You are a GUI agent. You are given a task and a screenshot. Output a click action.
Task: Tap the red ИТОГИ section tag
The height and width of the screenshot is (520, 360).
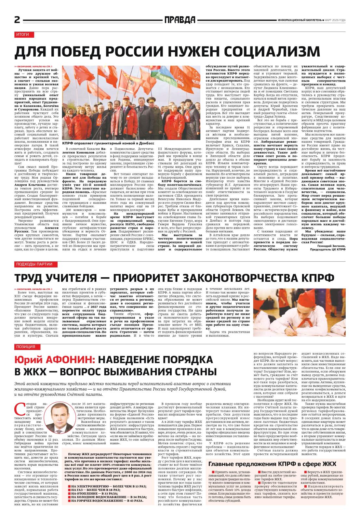(24, 34)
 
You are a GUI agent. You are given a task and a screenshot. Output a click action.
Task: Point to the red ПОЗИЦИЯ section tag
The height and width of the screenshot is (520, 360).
(26, 347)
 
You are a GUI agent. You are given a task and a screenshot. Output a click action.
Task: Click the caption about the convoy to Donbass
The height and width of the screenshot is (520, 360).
(108, 143)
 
